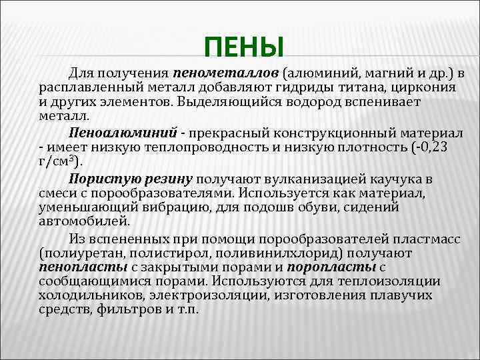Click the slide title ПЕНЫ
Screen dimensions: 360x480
(244, 47)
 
